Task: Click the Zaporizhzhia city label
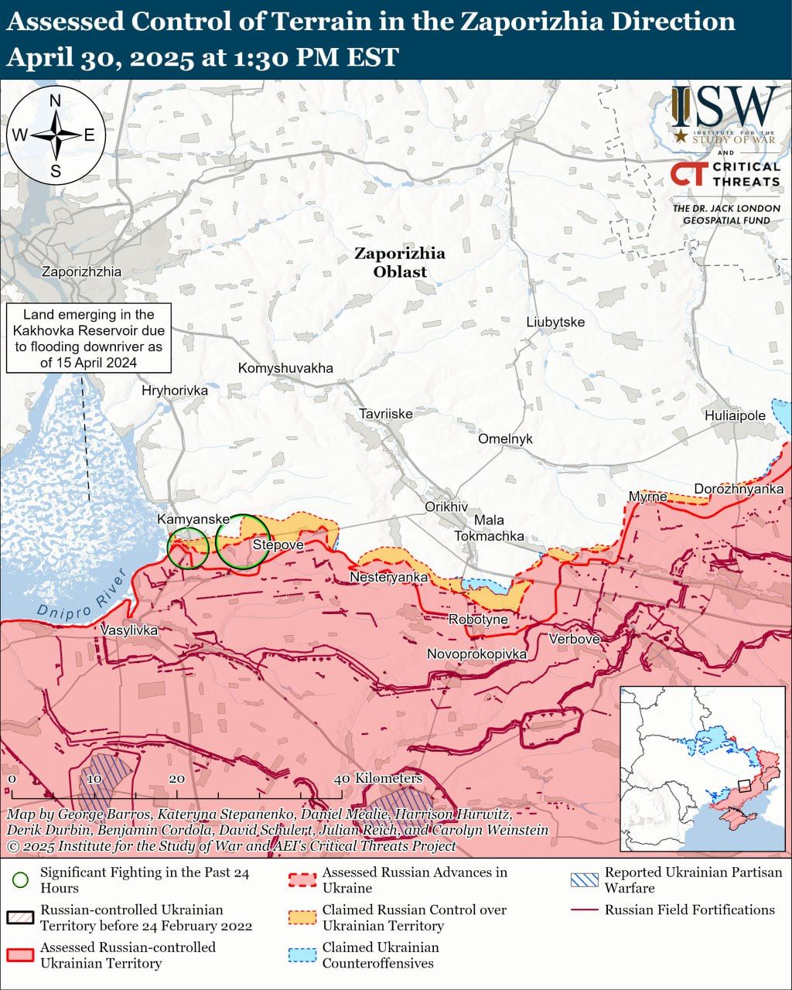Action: click(x=81, y=271)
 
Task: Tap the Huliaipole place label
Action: click(x=734, y=415)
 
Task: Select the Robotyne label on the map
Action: click(x=478, y=620)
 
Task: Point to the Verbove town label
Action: click(x=574, y=639)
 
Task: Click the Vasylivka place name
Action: click(x=129, y=630)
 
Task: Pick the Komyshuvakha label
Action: click(x=285, y=367)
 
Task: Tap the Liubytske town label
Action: click(x=555, y=322)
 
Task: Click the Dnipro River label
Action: click(x=82, y=595)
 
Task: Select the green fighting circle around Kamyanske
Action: click(x=188, y=548)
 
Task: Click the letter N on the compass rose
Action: click(x=56, y=101)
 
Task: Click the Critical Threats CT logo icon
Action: click(x=688, y=174)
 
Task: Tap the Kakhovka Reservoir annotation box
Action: click(x=89, y=338)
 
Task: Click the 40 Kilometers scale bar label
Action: click(x=379, y=778)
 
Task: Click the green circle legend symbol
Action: click(x=21, y=880)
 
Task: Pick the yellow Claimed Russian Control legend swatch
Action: click(x=302, y=917)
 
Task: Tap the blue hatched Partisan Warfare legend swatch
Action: click(x=584, y=880)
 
